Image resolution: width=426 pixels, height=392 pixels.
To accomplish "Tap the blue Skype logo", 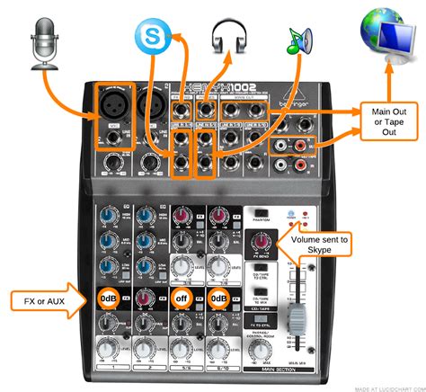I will pos(150,38).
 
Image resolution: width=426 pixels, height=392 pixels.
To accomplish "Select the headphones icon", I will pos(226,38).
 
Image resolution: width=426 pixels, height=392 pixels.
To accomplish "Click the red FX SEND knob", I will pos(262,242).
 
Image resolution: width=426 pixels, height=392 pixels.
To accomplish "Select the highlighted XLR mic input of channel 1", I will pos(114,110).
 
